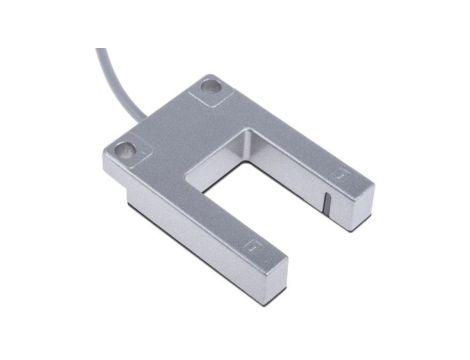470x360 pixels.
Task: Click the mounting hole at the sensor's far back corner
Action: pos(210,86)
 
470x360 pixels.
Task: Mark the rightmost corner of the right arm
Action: pos(374,184)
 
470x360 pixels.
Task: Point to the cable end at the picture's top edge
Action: pos(101,51)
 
